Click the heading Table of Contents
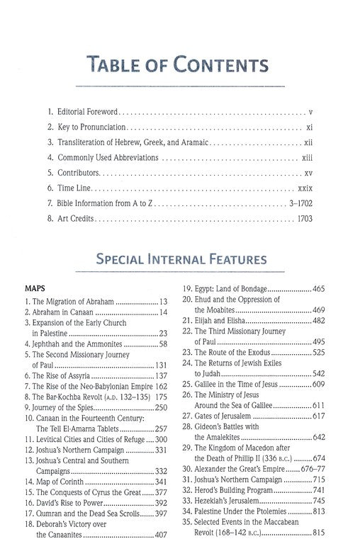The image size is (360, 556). (x=179, y=66)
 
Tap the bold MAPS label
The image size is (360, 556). (x=35, y=289)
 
